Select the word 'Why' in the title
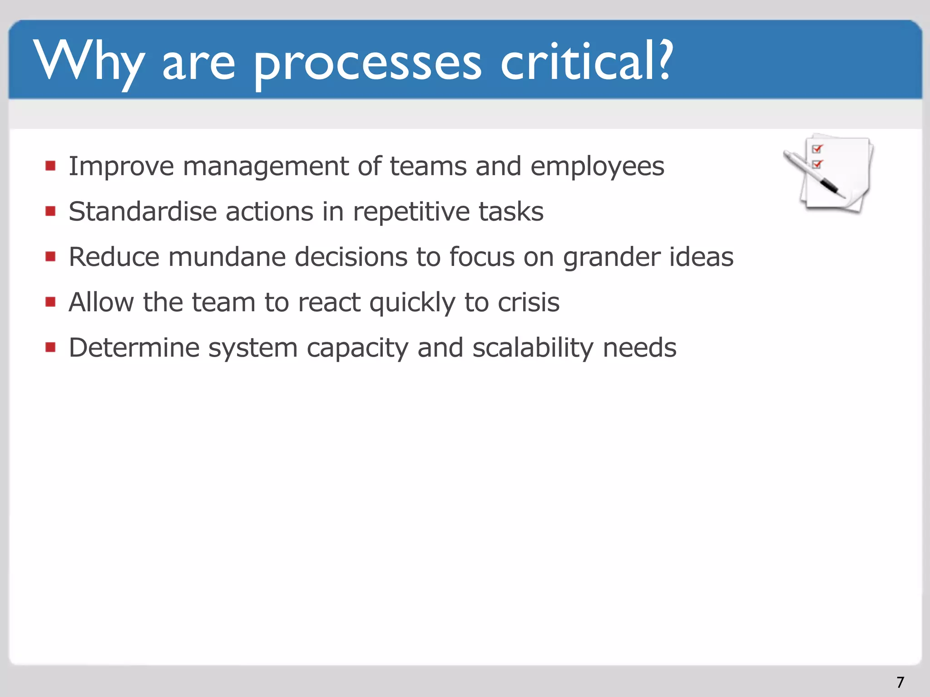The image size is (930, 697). (89, 61)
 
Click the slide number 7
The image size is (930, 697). (900, 682)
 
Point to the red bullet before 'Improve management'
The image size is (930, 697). (50, 166)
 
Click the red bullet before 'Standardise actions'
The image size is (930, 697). (50, 211)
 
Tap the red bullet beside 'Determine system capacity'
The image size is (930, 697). (50, 348)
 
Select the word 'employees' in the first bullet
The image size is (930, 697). (597, 167)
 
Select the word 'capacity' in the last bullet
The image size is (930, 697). (357, 348)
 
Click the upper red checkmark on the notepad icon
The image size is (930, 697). (817, 149)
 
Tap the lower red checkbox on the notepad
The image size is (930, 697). (816, 164)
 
